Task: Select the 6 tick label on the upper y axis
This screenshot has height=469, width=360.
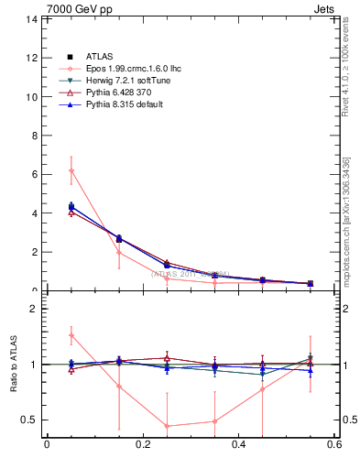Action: (34, 174)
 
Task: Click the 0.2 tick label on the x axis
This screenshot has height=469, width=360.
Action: (142, 445)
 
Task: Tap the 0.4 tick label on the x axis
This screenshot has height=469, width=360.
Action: (238, 445)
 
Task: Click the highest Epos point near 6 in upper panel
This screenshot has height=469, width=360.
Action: (71, 170)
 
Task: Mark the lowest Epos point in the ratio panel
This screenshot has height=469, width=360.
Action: (167, 426)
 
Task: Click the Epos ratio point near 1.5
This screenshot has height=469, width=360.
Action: (71, 335)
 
